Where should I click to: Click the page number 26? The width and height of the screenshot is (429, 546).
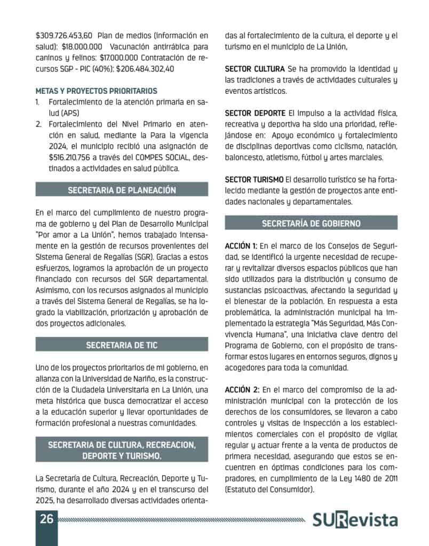[x=46, y=519]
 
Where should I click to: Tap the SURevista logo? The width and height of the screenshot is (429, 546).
[x=355, y=520]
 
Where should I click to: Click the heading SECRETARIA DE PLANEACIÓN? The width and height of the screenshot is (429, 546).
[x=122, y=190]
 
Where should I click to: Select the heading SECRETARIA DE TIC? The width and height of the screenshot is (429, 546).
[x=122, y=346]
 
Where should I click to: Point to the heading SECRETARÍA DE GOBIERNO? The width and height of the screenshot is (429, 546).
[x=311, y=223]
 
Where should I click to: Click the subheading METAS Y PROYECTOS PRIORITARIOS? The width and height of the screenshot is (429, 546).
[x=97, y=91]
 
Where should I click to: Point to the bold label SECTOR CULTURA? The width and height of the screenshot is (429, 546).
[x=255, y=69]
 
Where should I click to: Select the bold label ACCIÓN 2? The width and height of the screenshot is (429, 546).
[x=242, y=390]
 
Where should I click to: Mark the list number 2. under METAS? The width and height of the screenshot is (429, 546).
[x=39, y=124]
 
